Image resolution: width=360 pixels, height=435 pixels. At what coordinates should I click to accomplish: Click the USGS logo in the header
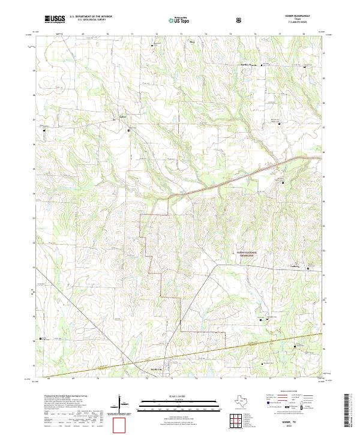pos(55,19)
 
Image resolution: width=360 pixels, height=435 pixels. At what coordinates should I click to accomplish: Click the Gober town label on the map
pos(122,116)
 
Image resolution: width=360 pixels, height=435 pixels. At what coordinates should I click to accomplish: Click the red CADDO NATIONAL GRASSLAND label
pos(245,254)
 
